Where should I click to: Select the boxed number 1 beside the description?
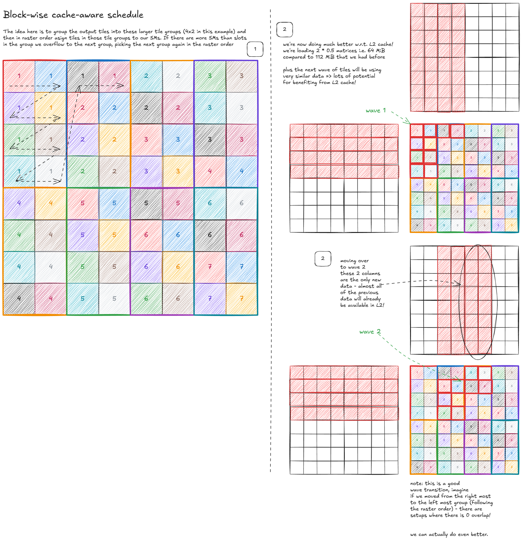pyautogui.click(x=255, y=49)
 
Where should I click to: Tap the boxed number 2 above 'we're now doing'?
pyautogui.click(x=285, y=29)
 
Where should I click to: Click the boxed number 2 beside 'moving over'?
pyautogui.click(x=323, y=258)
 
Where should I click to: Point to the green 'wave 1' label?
pyautogui.click(x=376, y=110)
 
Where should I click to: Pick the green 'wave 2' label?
pyautogui.click(x=370, y=332)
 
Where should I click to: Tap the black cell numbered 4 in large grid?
pyautogui.click(x=19, y=299)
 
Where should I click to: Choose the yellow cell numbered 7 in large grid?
pyautogui.click(x=242, y=299)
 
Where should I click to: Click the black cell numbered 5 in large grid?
pyautogui.click(x=146, y=203)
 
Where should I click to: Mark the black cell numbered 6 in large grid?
pyautogui.click(x=210, y=235)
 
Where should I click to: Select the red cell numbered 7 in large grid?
pyautogui.click(x=210, y=267)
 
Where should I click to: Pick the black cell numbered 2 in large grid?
pyautogui.click(x=146, y=108)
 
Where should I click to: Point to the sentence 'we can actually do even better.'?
pyautogui.click(x=449, y=534)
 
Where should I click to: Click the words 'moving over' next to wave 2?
pyautogui.click(x=354, y=261)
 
